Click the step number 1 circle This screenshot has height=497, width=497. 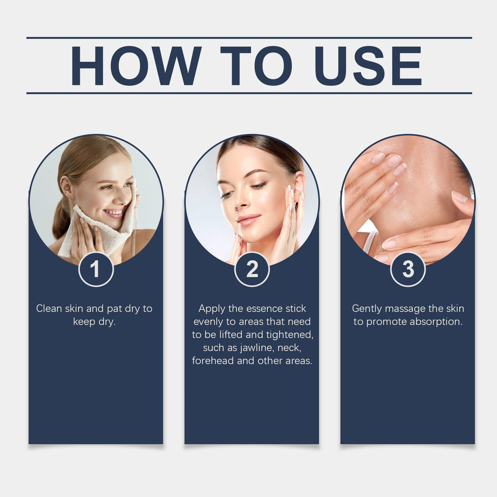(96, 269)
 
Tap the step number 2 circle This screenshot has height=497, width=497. (252, 269)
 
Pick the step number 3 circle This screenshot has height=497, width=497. (408, 269)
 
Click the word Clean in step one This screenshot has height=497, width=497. (48, 309)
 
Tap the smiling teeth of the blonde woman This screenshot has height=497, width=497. (114, 213)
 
